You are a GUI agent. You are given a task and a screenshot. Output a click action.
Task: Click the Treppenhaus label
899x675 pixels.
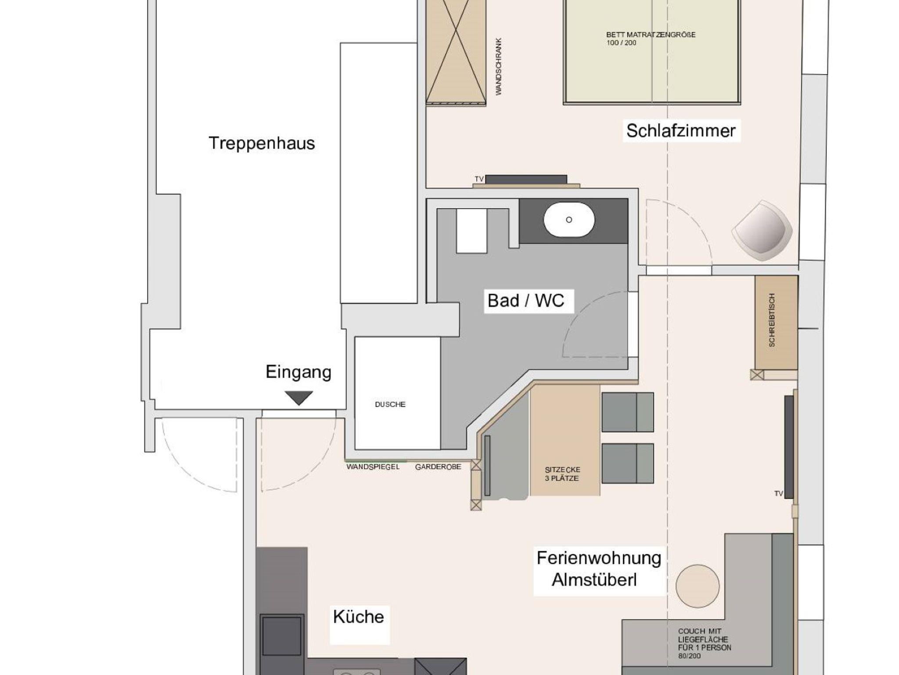coord(262,144)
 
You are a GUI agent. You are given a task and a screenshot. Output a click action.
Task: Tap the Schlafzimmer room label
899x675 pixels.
coord(681,131)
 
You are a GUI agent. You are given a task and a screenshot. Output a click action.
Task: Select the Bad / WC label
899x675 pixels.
coord(526,301)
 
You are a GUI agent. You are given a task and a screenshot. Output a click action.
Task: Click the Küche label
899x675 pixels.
coord(359,617)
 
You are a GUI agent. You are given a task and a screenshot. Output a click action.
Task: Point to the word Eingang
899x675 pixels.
coord(298,372)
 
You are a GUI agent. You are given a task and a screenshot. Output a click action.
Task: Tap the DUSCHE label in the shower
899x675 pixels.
coord(390,405)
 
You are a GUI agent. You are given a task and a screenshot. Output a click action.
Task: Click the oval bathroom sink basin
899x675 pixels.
coord(569,220)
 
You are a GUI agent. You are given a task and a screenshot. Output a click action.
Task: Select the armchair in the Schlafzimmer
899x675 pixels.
coord(762,231)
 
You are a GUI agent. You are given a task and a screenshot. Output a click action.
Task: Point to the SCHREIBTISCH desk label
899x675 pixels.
coord(772,320)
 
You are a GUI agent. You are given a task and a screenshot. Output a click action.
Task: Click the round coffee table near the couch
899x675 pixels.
coord(698,586)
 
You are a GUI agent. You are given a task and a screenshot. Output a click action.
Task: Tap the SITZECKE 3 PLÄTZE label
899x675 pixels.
coord(562,474)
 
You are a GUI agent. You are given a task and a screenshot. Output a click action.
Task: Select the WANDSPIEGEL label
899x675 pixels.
coord(373,467)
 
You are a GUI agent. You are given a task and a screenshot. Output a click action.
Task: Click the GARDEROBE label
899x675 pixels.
coord(438,467)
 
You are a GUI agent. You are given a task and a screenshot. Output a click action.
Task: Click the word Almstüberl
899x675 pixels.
coord(594,580)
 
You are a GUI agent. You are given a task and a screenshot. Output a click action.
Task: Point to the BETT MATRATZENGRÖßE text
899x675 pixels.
coord(651,35)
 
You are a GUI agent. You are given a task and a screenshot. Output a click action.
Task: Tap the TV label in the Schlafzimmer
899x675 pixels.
coord(479,179)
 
